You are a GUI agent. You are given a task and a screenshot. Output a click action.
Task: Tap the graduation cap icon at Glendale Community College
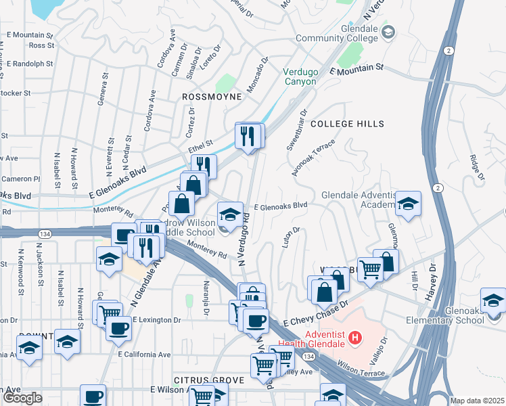pos(388,32)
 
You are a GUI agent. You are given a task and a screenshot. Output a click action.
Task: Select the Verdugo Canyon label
pos(300,76)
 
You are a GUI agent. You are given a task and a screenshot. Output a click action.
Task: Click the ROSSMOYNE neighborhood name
pos(212,97)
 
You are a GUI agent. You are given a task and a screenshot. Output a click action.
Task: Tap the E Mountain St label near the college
pos(356,69)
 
